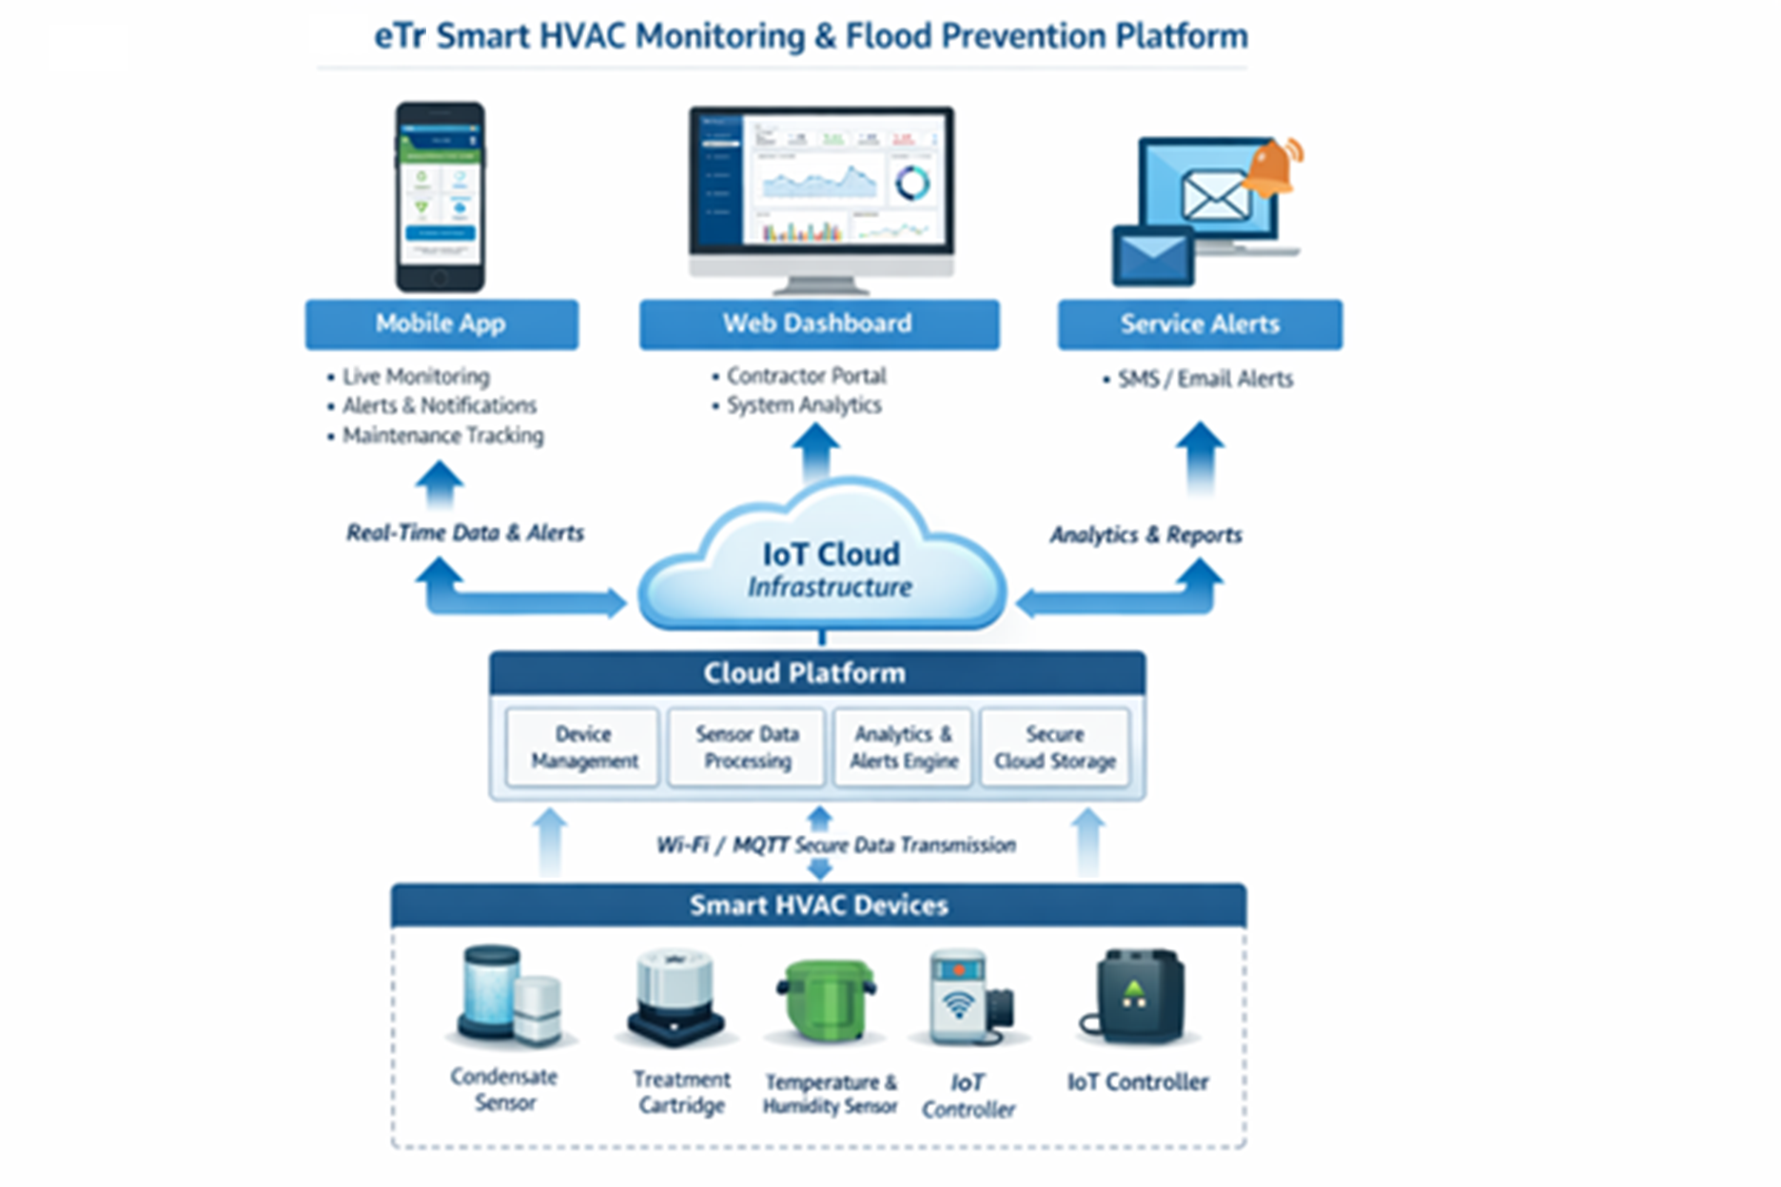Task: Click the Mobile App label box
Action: (x=440, y=324)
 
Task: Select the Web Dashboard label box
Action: (x=818, y=324)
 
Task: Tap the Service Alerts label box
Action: (x=1200, y=324)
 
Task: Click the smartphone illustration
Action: (x=440, y=197)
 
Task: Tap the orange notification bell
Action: (x=1273, y=167)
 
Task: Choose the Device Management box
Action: (x=583, y=748)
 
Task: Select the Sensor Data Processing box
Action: (x=747, y=748)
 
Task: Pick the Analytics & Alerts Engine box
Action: (x=903, y=748)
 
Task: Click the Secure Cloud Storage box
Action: (x=1054, y=748)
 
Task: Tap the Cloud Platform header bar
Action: (x=816, y=673)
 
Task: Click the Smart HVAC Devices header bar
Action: (x=818, y=905)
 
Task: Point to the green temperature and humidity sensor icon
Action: (x=826, y=1003)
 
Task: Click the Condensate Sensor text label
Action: (x=504, y=1090)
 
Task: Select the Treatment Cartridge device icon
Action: (x=675, y=998)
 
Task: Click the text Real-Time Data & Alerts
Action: (x=464, y=533)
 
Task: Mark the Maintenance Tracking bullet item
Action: (x=442, y=436)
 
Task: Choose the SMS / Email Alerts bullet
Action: (x=1204, y=379)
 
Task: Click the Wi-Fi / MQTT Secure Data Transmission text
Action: (x=836, y=845)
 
